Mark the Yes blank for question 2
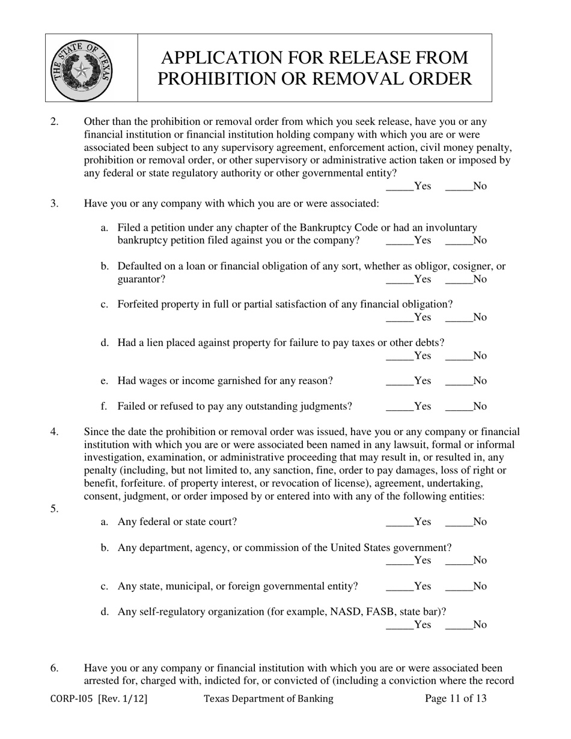click(400, 186)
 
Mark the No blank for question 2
click(459, 186)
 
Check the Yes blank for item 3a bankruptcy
click(400, 240)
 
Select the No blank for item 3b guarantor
click(459, 279)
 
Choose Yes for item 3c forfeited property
click(400, 317)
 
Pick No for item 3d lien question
click(459, 356)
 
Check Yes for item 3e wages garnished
click(400, 381)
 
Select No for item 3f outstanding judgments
click(459, 406)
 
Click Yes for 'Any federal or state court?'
click(400, 522)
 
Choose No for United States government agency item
click(459, 560)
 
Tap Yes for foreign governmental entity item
click(400, 586)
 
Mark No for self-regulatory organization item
click(459, 624)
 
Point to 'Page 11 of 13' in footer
click(456, 698)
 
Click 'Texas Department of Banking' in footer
click(268, 698)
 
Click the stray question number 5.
click(54, 509)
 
